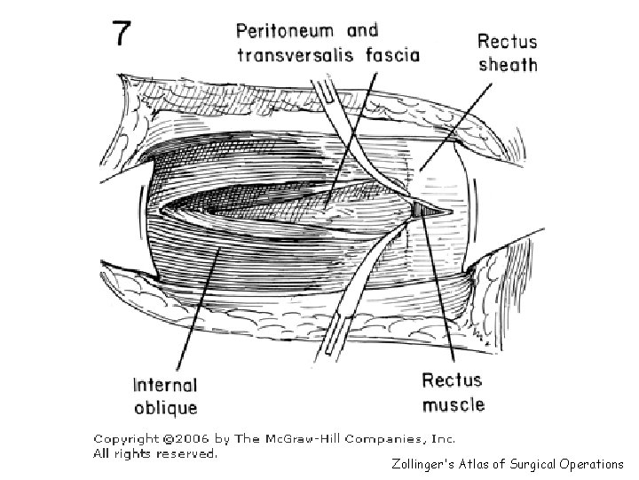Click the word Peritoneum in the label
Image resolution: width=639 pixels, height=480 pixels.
pos(288,30)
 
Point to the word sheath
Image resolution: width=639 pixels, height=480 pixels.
pos(507,63)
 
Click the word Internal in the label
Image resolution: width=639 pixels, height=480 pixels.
pos(165,386)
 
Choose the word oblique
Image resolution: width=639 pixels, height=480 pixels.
pos(165,408)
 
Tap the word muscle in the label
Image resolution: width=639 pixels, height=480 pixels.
pos(454,404)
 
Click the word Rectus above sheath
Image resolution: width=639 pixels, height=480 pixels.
pos(507,40)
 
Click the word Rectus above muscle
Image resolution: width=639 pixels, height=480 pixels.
pos(453,381)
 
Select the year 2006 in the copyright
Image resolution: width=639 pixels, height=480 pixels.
pos(190,439)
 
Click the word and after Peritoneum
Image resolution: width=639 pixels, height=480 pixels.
pos(361,30)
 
